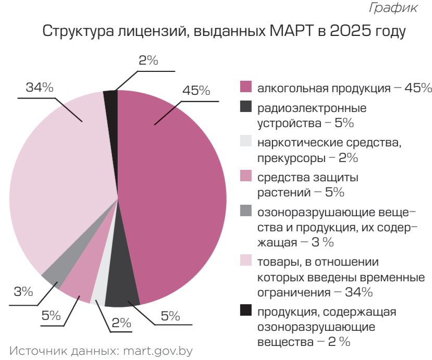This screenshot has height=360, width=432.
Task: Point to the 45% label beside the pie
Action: click(x=196, y=90)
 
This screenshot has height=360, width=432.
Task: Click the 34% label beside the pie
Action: click(x=40, y=88)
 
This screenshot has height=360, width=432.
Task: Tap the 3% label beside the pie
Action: click(x=23, y=291)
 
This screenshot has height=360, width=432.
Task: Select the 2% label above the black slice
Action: click(x=149, y=60)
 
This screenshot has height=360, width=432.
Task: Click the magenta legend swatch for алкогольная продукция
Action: click(x=246, y=86)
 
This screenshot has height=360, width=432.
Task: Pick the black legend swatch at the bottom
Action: click(x=246, y=310)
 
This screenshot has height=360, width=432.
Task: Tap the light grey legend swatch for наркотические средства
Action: click(x=246, y=141)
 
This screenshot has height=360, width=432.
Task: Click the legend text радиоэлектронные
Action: click(x=312, y=108)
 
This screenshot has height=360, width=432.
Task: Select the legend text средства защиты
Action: click(x=308, y=177)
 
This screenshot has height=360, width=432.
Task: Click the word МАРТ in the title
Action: click(x=292, y=30)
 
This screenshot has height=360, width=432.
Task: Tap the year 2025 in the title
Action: click(x=351, y=30)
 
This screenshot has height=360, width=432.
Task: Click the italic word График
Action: click(x=393, y=7)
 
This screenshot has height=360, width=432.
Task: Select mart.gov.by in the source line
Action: click(x=158, y=351)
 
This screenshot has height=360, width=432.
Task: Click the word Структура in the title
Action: click(x=78, y=31)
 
